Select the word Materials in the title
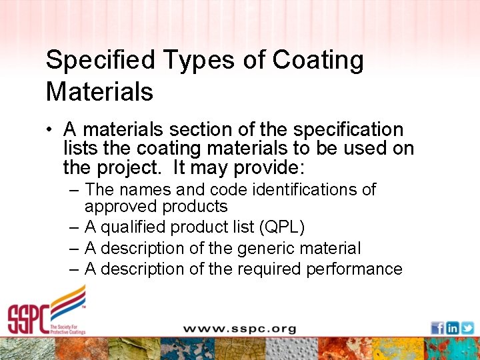pos(99,91)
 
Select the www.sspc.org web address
pos(239,328)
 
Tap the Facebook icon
pos(437,328)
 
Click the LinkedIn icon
pos(453,328)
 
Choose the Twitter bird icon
pos(467,328)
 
